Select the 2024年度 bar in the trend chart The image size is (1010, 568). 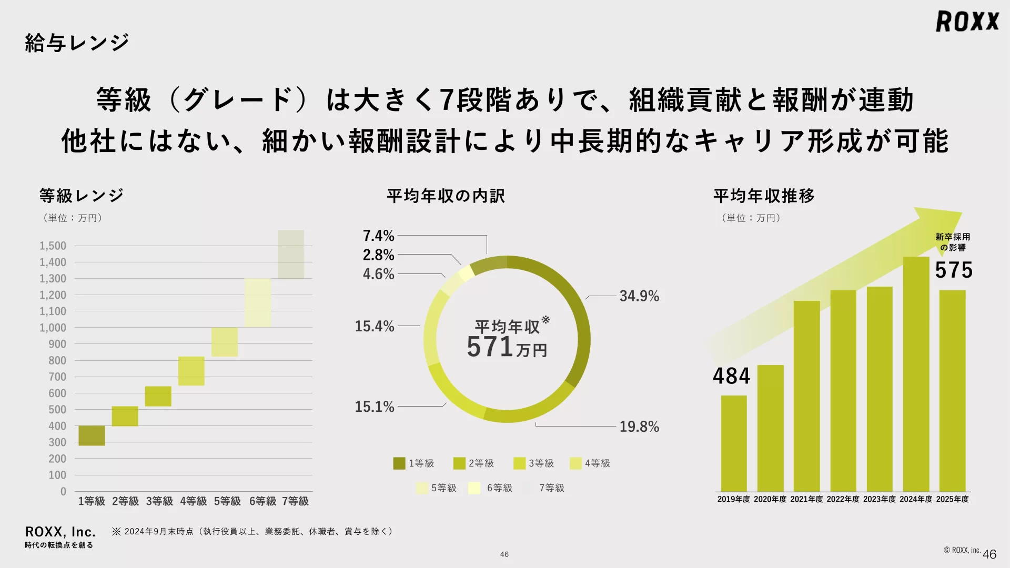click(x=916, y=374)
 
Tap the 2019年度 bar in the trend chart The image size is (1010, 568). click(x=734, y=443)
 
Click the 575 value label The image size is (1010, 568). click(x=954, y=270)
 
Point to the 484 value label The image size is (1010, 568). click(x=731, y=376)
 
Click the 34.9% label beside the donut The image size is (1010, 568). click(x=639, y=296)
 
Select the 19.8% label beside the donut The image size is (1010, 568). click(x=639, y=427)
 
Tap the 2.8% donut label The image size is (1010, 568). click(x=378, y=255)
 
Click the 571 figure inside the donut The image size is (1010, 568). click(x=490, y=347)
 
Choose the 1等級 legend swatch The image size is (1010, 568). click(x=399, y=463)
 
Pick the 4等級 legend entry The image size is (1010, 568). click(x=591, y=463)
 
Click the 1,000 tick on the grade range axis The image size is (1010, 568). click(x=53, y=328)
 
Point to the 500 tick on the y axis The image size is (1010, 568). click(x=57, y=410)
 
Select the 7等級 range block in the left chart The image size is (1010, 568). click(x=291, y=254)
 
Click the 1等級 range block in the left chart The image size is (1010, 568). click(x=92, y=435)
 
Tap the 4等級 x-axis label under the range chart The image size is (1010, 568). click(x=193, y=501)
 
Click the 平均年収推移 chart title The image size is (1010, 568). click(x=764, y=196)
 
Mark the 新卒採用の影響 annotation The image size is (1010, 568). click(x=953, y=242)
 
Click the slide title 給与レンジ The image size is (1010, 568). click(x=77, y=43)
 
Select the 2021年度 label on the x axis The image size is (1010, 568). click(x=806, y=499)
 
